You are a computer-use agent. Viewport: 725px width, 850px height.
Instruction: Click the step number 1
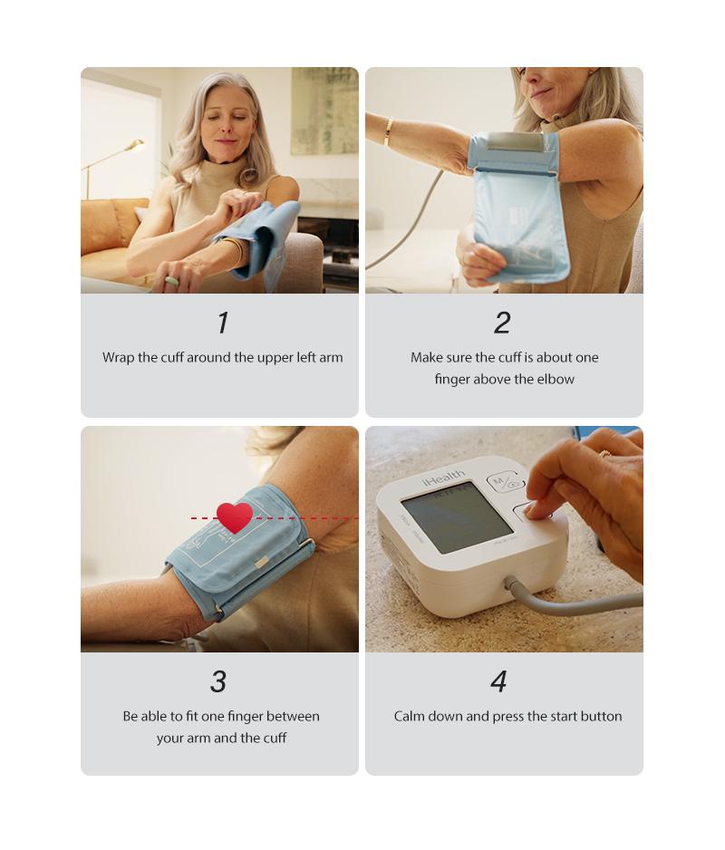(222, 323)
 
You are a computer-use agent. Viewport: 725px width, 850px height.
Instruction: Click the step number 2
(502, 323)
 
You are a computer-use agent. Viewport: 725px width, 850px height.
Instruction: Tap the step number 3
(218, 681)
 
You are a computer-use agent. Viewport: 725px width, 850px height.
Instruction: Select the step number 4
(498, 681)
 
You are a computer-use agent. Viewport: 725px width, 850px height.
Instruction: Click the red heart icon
(235, 517)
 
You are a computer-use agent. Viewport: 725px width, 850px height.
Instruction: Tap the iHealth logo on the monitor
(443, 478)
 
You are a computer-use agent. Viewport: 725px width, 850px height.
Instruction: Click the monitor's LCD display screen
(456, 517)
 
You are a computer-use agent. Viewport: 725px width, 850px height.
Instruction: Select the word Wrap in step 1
(118, 357)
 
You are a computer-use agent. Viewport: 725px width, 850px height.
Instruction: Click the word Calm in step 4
(411, 716)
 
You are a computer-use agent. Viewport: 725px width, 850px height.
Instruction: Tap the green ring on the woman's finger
(171, 281)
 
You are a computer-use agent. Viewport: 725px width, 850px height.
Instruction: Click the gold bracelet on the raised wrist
(389, 131)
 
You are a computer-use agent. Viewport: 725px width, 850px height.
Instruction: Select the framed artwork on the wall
(324, 111)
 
